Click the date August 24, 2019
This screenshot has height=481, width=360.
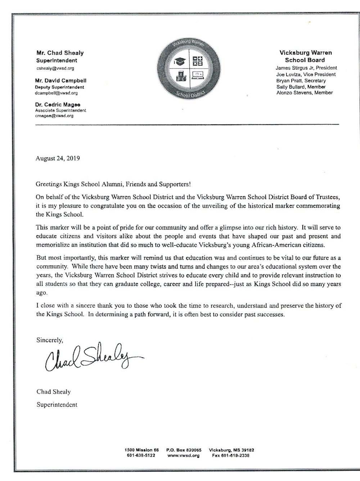point(57,158)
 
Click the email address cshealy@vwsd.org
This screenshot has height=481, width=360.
point(55,68)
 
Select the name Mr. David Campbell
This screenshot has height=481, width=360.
point(61,81)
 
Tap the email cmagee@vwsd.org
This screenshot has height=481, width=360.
point(55,116)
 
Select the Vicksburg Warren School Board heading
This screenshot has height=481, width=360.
point(306,56)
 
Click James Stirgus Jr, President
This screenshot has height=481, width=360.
point(306,68)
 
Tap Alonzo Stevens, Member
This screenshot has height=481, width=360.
point(304,93)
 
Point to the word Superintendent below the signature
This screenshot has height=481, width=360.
point(57,405)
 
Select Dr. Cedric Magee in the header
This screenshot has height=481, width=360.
point(58,104)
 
